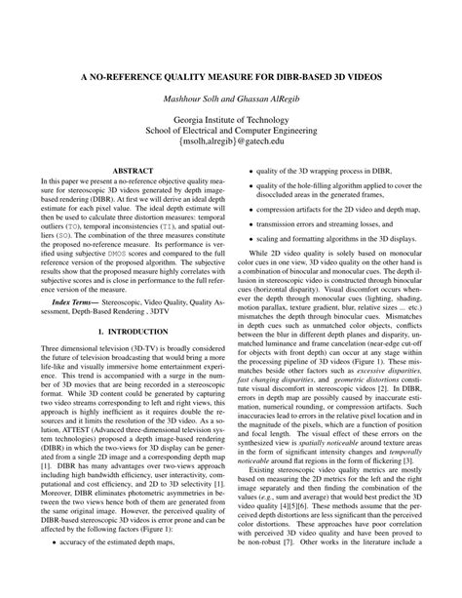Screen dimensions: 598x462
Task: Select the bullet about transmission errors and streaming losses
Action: pyautogui.click(x=327, y=223)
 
